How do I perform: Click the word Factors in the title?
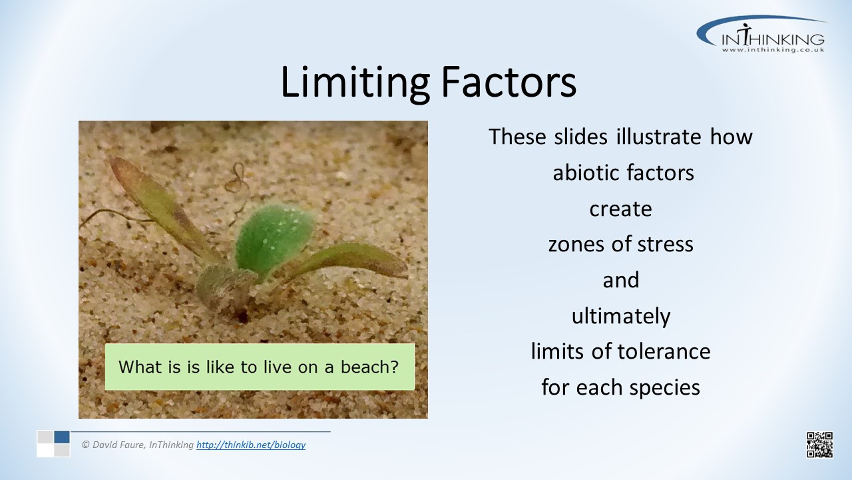509,81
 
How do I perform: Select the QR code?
819,445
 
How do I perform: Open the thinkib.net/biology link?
251,445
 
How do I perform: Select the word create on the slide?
621,209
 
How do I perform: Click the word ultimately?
621,317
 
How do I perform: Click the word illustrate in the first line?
658,137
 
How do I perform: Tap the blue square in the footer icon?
62,437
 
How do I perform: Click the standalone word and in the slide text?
621,280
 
